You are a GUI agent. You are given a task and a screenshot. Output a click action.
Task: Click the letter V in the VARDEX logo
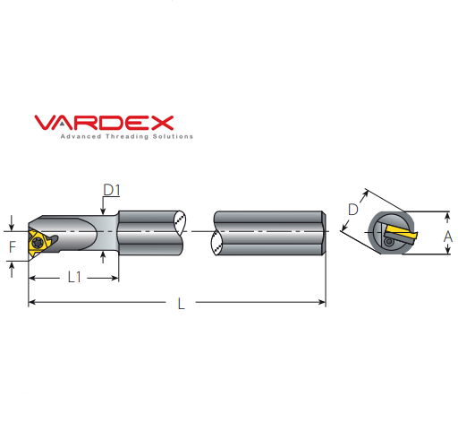click(x=44, y=123)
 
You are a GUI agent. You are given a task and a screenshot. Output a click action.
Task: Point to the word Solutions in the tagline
click(x=172, y=137)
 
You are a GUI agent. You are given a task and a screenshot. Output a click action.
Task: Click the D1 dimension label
click(x=112, y=190)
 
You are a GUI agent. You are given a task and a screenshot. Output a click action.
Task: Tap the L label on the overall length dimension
click(x=180, y=304)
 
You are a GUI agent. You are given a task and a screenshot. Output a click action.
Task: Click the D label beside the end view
click(x=352, y=209)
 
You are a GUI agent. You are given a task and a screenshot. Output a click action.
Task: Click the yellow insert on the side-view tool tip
click(x=38, y=240)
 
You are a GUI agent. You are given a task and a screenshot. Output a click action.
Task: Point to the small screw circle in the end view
click(x=388, y=241)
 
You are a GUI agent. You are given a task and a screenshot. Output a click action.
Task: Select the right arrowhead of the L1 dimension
click(x=115, y=278)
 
